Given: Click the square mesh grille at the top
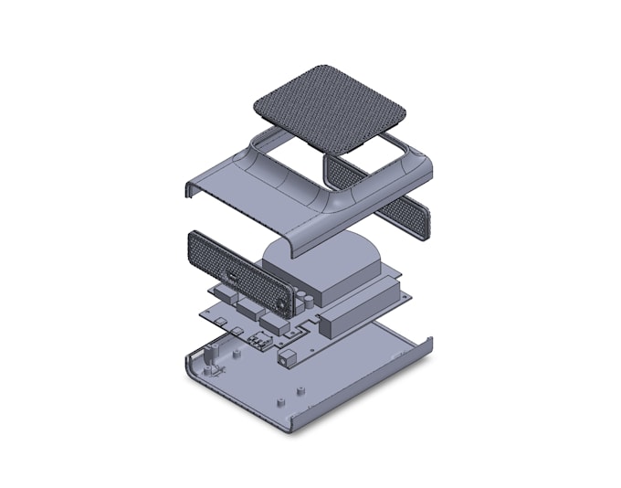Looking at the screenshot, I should (x=328, y=109).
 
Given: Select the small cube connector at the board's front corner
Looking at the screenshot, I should (x=293, y=354).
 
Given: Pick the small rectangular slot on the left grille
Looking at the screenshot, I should (x=235, y=275).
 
